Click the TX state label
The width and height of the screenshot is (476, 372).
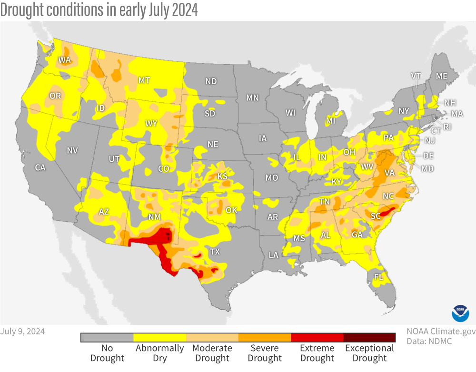coord(215,252)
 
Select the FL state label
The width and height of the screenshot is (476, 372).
coord(379,276)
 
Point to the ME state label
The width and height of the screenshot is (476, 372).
coord(442,76)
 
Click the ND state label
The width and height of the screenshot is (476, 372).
coord(211,81)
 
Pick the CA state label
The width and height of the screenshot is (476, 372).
coord(40,167)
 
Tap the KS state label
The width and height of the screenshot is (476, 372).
coord(223,176)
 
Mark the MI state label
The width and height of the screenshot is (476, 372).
coord(331,121)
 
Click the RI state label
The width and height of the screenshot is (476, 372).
coord(448,127)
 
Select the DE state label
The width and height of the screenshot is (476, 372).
coord(428,156)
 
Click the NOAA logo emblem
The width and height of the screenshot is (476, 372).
coord(460,313)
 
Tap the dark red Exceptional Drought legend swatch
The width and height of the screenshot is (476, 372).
coord(369,337)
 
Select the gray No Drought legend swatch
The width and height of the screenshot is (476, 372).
coord(107,337)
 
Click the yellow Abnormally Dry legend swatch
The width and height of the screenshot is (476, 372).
coord(159,337)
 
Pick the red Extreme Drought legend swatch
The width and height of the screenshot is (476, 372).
coord(317,337)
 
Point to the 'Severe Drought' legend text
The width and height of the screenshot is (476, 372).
coord(264,353)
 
